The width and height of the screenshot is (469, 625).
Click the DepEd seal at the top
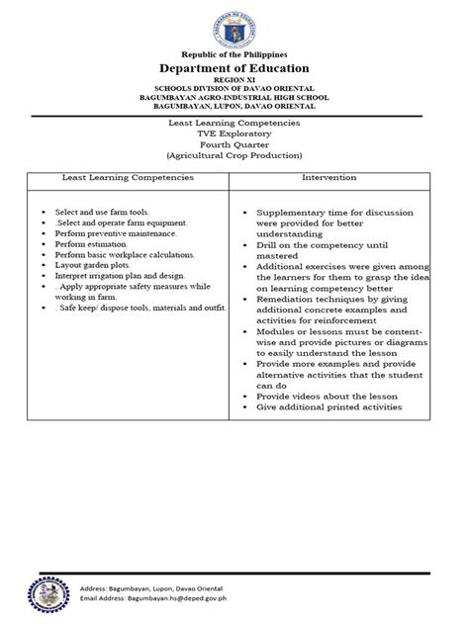[234, 25]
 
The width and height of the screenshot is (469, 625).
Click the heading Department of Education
[234, 67]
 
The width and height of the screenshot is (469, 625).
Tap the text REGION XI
[234, 81]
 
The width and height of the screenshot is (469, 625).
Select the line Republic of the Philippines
[234, 53]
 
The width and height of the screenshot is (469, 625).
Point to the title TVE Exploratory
[234, 133]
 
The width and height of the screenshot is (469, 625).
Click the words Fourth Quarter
[234, 144]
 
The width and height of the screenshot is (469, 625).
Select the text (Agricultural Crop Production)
[234, 156]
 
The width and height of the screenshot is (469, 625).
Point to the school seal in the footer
[41, 596]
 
